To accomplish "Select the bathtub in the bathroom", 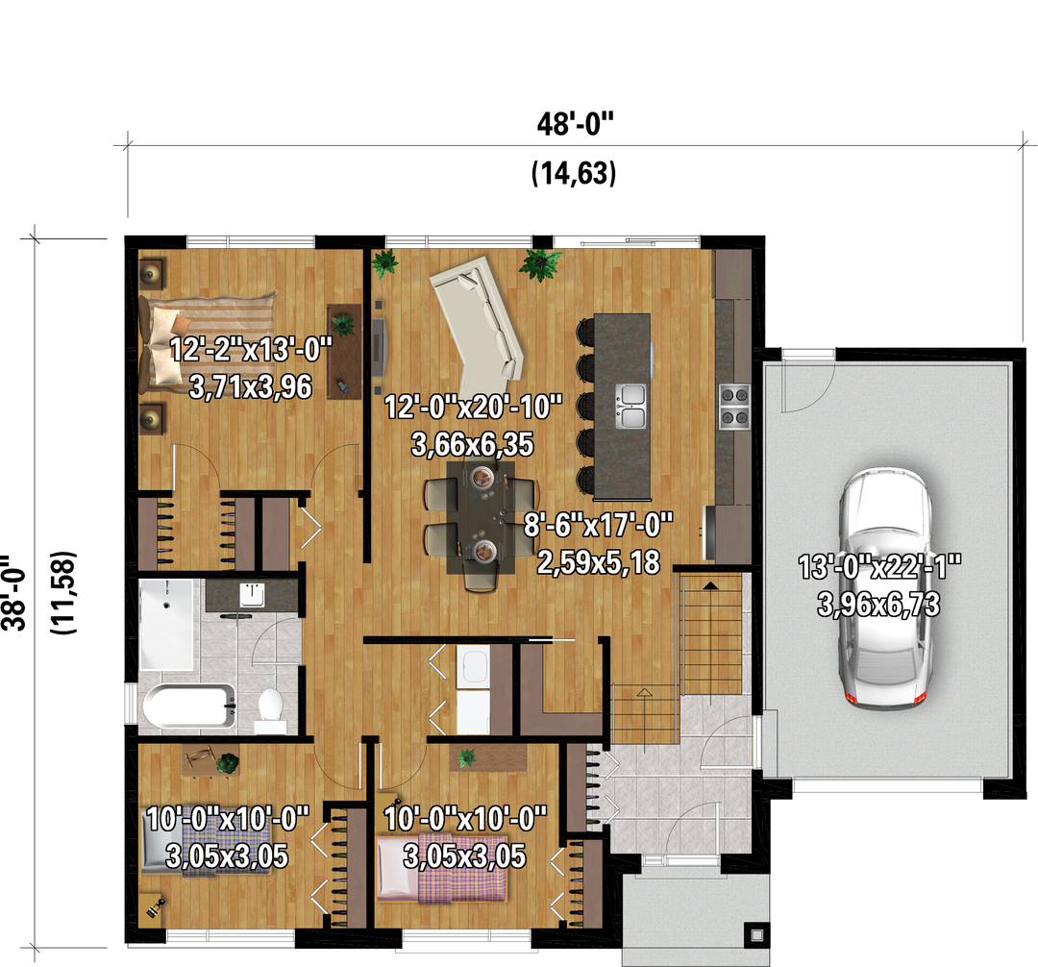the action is click(x=189, y=707).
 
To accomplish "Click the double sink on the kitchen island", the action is click(x=630, y=406).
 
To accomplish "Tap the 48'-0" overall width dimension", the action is click(x=575, y=124).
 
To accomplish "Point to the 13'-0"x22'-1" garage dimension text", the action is click(x=879, y=567).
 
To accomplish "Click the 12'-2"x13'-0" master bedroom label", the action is click(x=250, y=349).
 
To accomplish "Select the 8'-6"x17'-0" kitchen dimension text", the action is click(x=598, y=525).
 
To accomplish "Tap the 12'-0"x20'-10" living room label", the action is click(x=473, y=407).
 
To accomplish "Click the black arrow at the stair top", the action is click(x=709, y=585).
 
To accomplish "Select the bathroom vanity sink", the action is click(x=252, y=594).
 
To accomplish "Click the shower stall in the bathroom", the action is click(x=166, y=625).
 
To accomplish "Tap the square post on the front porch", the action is click(x=756, y=935).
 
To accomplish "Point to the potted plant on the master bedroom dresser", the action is click(x=343, y=324).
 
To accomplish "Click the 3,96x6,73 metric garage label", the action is click(x=878, y=605).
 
